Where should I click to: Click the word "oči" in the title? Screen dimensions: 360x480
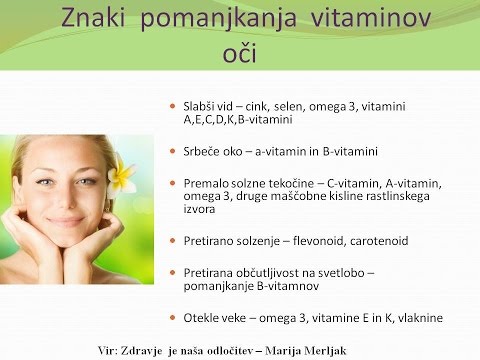(239, 51)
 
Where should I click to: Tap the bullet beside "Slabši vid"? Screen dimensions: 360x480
(174, 105)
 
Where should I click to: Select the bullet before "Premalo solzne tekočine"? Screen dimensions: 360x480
(174, 185)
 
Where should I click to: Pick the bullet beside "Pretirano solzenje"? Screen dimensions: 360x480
(174, 241)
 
